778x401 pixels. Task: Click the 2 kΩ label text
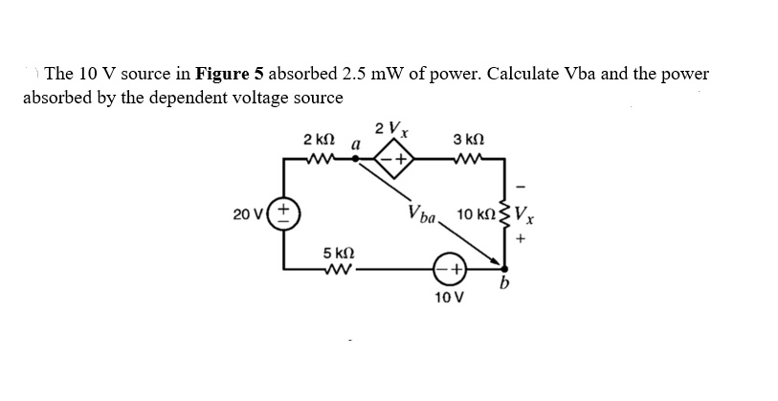point(317,141)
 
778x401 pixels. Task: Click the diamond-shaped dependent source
point(393,161)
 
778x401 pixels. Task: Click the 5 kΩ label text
point(340,252)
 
